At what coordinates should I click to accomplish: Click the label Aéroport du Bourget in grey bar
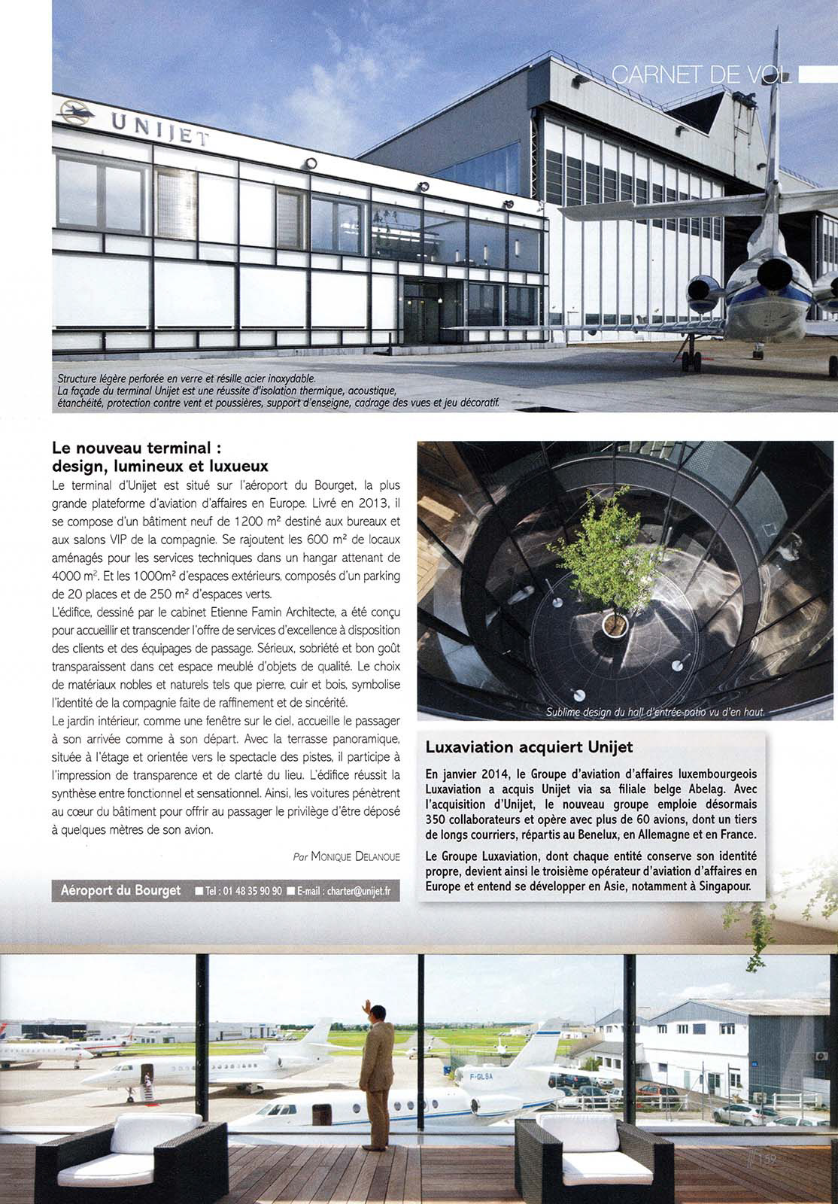[120, 890]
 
